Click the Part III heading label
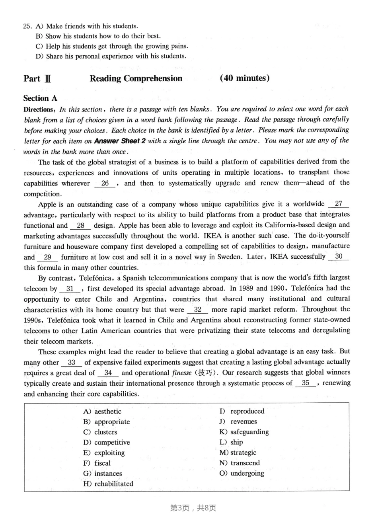pos(37,78)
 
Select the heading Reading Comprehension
pos(136,78)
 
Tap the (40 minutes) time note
pos(244,78)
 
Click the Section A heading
pos(40,98)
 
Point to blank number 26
pos(105,183)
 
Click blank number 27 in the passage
pos(338,204)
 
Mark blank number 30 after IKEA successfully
pos(339,257)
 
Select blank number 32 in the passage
pos(198,310)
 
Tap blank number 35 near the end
pos(305,383)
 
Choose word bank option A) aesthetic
pos(102,411)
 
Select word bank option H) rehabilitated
pos(108,484)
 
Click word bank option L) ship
pos(231,442)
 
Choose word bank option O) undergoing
pos(242,473)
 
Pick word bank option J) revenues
pos(238,422)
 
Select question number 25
pos(27,26)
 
